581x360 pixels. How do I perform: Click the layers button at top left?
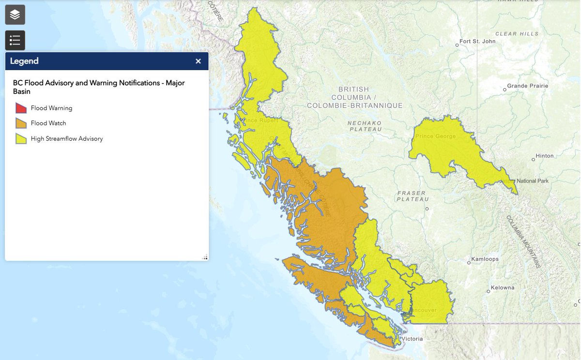tap(15, 15)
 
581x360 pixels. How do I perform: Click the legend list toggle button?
tap(15, 40)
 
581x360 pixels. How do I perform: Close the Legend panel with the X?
tap(198, 61)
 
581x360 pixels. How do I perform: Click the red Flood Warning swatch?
tap(21, 108)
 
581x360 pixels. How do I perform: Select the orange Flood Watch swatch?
tap(21, 123)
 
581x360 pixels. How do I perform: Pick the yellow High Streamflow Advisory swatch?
tap(21, 139)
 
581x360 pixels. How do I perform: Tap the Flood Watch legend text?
tap(48, 123)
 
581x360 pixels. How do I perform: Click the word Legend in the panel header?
tap(24, 61)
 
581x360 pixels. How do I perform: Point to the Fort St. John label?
tap(477, 42)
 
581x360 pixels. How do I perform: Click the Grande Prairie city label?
tap(528, 86)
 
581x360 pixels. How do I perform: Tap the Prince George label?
tap(435, 136)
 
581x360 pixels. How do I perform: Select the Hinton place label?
tap(544, 156)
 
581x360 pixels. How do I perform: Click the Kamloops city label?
tap(485, 259)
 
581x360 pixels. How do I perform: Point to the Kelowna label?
tap(503, 288)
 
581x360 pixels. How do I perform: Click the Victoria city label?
tap(412, 339)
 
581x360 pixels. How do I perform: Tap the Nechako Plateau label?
tap(365, 126)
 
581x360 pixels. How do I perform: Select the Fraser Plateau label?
tap(413, 196)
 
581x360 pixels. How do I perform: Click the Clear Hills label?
tap(517, 34)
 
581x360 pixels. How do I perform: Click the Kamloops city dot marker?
tap(468, 263)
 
